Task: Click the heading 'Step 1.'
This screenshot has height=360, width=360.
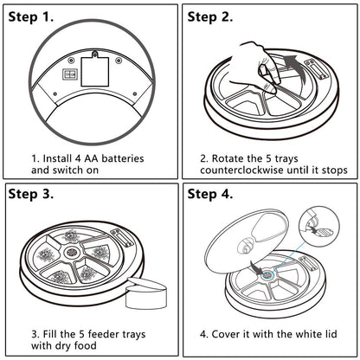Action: pyautogui.click(x=31, y=17)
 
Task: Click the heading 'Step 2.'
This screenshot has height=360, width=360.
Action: pyautogui.click(x=210, y=17)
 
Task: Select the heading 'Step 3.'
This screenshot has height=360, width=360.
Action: pyautogui.click(x=31, y=194)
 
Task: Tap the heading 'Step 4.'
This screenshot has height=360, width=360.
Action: pyautogui.click(x=210, y=194)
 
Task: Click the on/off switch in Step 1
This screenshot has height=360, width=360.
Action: pyautogui.click(x=70, y=74)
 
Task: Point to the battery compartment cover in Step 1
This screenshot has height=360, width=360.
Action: pyautogui.click(x=95, y=69)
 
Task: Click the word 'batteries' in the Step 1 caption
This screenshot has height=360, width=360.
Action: pyautogui.click(x=123, y=158)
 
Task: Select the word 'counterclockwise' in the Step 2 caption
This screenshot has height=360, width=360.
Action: pyautogui.click(x=241, y=170)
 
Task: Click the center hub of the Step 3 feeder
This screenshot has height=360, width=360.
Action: pyautogui.click(x=71, y=252)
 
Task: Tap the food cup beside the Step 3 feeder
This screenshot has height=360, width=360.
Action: pyautogui.click(x=146, y=292)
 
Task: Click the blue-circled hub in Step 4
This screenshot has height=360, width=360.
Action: pyautogui.click(x=268, y=274)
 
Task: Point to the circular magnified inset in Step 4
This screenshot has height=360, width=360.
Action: pyautogui.click(x=319, y=227)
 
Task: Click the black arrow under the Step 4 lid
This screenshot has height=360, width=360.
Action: pyautogui.click(x=256, y=267)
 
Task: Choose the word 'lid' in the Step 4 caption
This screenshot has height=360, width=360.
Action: pyautogui.click(x=331, y=334)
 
